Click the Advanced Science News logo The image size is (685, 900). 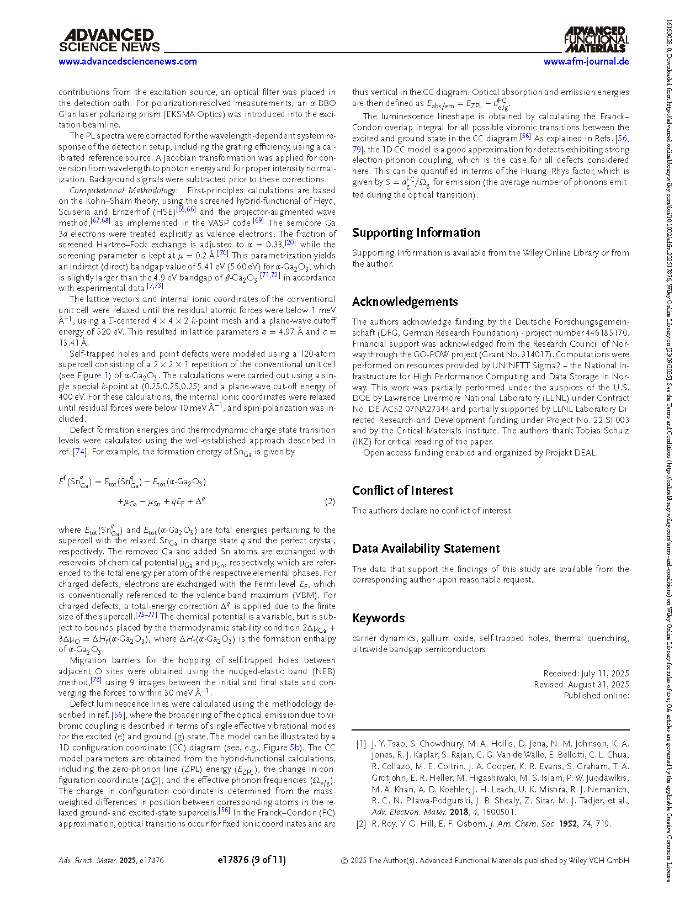[x=109, y=41]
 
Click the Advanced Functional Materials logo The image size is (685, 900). [x=596, y=39]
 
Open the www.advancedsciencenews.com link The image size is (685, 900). [x=128, y=61]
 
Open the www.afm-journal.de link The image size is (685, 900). [x=586, y=61]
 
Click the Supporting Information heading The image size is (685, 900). [x=416, y=232]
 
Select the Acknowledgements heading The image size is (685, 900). [x=405, y=301]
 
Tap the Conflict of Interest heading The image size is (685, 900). [x=402, y=490]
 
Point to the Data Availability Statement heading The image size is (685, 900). [x=426, y=548]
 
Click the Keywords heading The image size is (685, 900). [x=378, y=618]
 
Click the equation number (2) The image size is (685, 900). [x=330, y=501]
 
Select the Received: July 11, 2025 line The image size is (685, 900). [x=586, y=673]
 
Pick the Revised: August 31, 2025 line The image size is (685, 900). [x=581, y=684]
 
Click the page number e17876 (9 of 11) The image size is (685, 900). [x=252, y=860]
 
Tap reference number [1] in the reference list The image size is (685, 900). [x=361, y=744]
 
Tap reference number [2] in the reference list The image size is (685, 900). [x=361, y=823]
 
